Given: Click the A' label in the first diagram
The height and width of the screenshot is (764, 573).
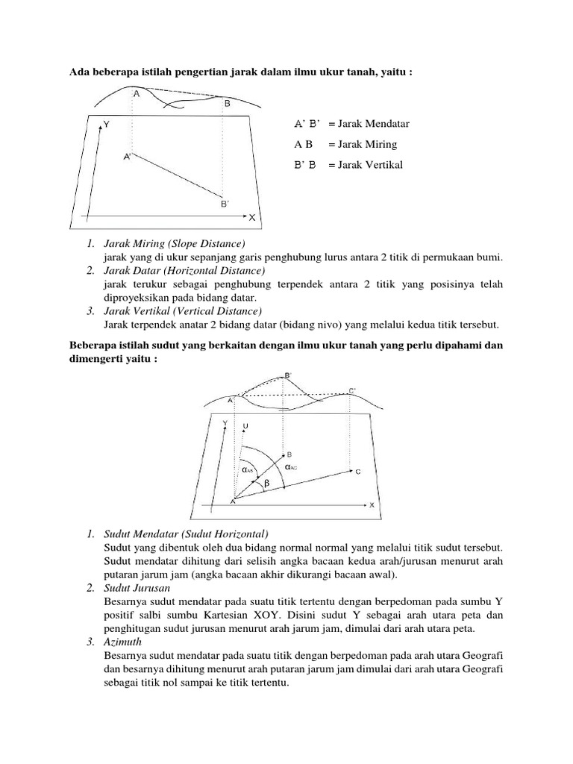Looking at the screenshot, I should pyautogui.click(x=128, y=157).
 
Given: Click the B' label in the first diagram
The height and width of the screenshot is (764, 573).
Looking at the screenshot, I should pyautogui.click(x=225, y=203).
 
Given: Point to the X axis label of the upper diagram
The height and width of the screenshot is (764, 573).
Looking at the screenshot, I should pyautogui.click(x=251, y=217).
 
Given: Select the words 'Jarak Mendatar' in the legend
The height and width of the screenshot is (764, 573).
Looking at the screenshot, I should pyautogui.click(x=369, y=123).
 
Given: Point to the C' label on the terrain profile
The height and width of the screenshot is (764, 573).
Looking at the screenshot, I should pyautogui.click(x=352, y=390).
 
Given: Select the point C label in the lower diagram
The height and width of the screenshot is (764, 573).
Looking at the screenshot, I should pyautogui.click(x=358, y=472).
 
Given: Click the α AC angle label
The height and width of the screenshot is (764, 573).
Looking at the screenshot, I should pyautogui.click(x=292, y=465).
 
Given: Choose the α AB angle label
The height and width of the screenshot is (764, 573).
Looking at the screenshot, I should pyautogui.click(x=249, y=469).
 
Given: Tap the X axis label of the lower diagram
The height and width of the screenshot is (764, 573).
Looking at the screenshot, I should pyautogui.click(x=371, y=505).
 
